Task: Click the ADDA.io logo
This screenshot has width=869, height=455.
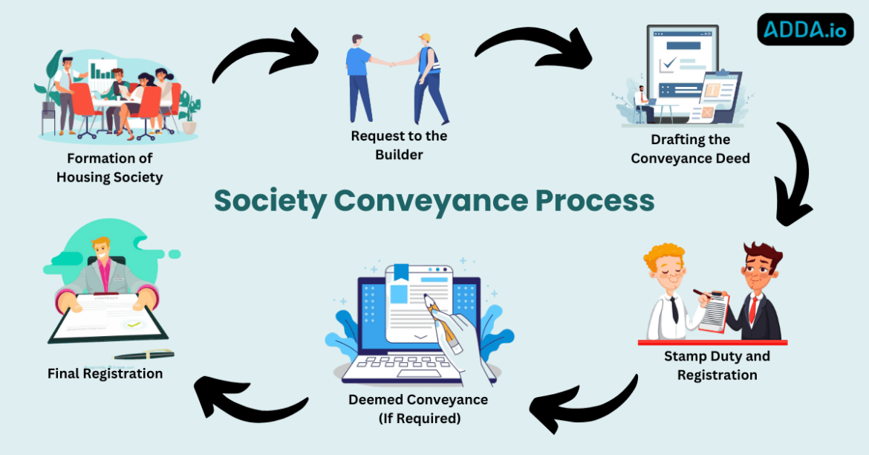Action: point(805,30)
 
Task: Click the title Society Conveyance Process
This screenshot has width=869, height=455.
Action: point(434,201)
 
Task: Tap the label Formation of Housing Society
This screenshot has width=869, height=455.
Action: point(109,168)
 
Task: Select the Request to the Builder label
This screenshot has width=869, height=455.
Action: point(399,145)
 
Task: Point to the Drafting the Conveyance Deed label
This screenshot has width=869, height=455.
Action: point(690,149)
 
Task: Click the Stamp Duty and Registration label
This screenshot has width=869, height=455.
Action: point(717,365)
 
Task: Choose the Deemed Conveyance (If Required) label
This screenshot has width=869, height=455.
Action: point(418,409)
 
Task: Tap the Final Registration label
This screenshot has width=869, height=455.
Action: point(105,373)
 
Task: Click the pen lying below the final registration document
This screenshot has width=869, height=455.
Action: point(144,355)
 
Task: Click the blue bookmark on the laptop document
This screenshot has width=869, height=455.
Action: point(401,272)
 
